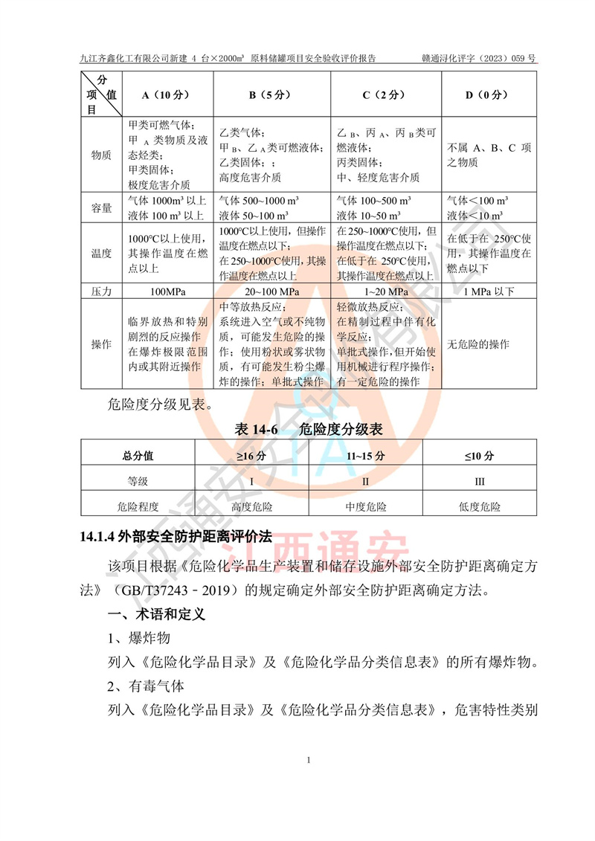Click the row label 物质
tap(101, 155)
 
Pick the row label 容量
tap(101, 208)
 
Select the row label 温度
tap(101, 254)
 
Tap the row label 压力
tap(101, 292)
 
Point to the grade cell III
tap(480, 481)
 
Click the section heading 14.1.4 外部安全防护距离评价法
tap(176, 536)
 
